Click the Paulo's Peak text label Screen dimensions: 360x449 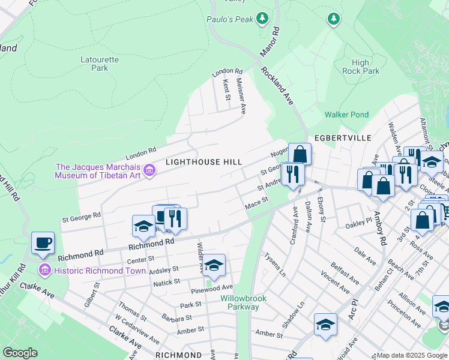click(230, 19)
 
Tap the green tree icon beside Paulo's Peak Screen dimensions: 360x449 click(262, 19)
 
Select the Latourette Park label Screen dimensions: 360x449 click(94, 64)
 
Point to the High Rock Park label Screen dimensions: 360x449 click(361, 67)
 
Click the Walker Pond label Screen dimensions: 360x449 click(346, 115)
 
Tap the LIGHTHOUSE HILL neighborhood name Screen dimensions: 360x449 click(203, 162)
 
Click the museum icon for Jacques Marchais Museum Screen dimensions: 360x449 click(150, 172)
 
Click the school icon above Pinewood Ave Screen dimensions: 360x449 click(214, 265)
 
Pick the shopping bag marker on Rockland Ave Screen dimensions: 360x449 click(300, 154)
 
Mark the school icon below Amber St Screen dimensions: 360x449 click(325, 325)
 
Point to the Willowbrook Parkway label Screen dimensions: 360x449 click(240, 302)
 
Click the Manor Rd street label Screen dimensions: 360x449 click(270, 41)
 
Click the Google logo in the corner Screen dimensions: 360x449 click(20, 353)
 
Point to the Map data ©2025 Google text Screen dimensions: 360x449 click(411, 355)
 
